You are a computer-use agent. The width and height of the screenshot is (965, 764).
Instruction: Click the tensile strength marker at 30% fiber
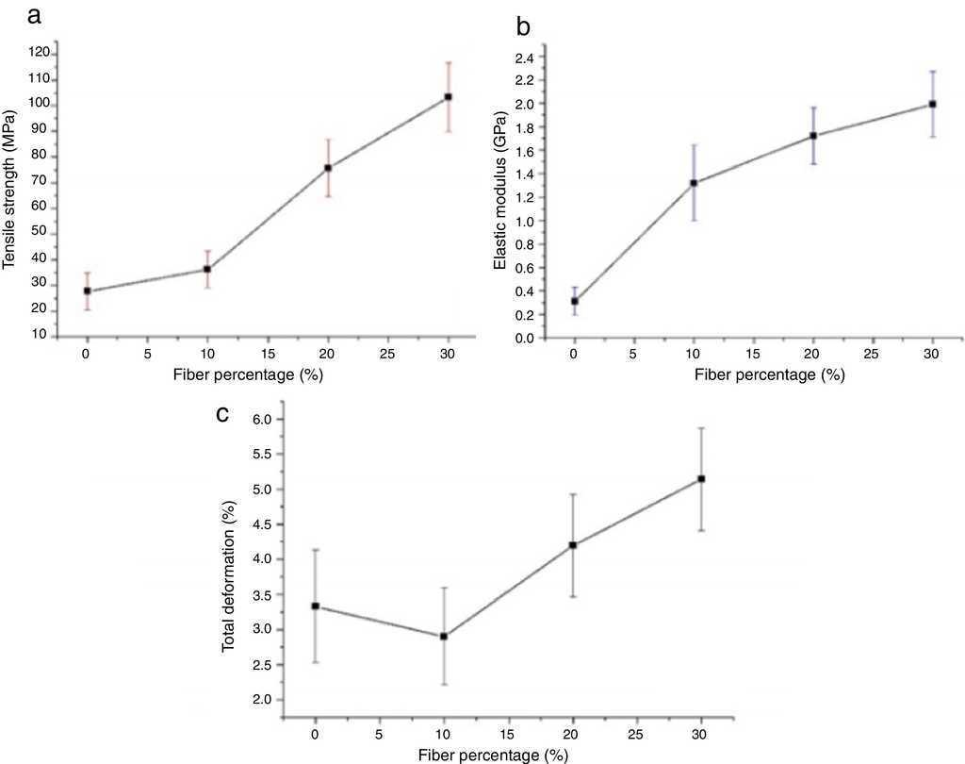(x=449, y=97)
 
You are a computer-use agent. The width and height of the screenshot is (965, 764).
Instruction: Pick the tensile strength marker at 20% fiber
(x=328, y=168)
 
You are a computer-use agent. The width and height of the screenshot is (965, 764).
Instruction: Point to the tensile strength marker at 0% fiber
(x=87, y=291)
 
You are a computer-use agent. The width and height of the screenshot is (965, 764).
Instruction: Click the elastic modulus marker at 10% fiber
(x=694, y=183)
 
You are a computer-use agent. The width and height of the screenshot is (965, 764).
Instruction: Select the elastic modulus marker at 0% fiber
(x=574, y=301)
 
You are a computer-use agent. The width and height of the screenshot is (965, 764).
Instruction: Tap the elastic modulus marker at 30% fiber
(x=933, y=104)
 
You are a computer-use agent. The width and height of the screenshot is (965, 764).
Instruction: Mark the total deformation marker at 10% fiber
(x=444, y=637)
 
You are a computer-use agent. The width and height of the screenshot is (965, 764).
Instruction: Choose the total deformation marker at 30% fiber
(x=701, y=479)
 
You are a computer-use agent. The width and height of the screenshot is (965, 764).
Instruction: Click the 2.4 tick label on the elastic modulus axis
(x=523, y=58)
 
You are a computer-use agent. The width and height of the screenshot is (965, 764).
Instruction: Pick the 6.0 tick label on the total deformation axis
(x=261, y=419)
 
